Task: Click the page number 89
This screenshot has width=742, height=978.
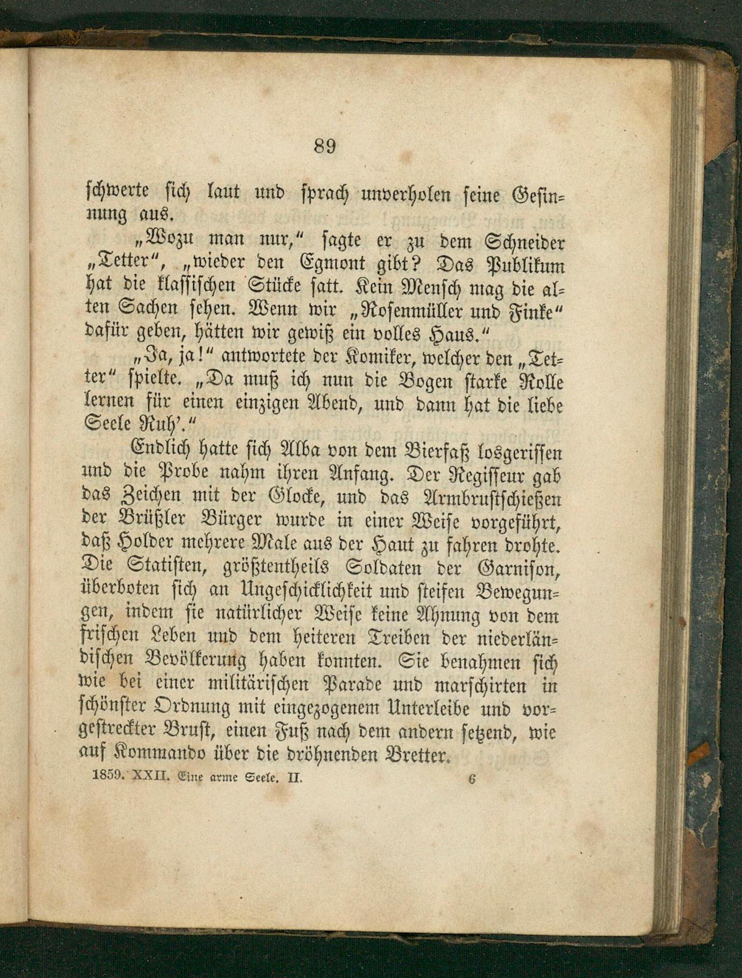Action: (325, 146)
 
